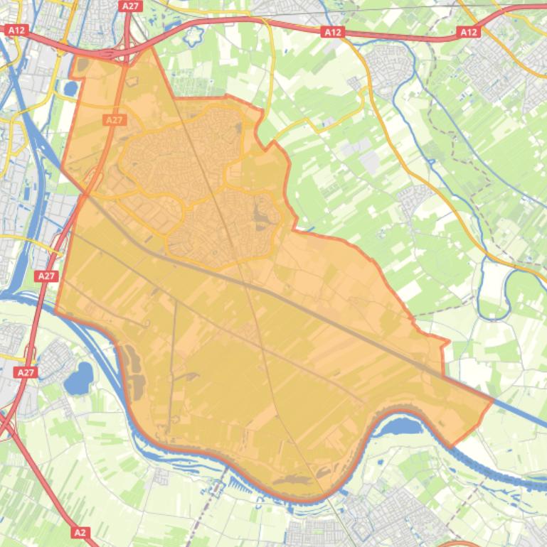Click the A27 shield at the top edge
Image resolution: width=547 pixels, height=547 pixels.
click(130, 6)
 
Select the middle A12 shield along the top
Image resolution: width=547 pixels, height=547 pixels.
click(332, 32)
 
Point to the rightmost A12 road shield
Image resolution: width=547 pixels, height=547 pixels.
click(469, 32)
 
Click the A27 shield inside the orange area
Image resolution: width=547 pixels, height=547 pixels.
click(115, 120)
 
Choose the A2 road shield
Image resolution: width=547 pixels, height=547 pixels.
click(80, 531)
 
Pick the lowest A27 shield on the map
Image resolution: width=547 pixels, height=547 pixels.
click(25, 372)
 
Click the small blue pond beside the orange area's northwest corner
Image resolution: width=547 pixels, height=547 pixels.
click(70, 89)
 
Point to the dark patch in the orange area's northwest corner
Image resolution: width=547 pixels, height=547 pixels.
click(83, 65)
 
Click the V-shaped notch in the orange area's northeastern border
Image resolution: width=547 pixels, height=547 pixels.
click(270, 146)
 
